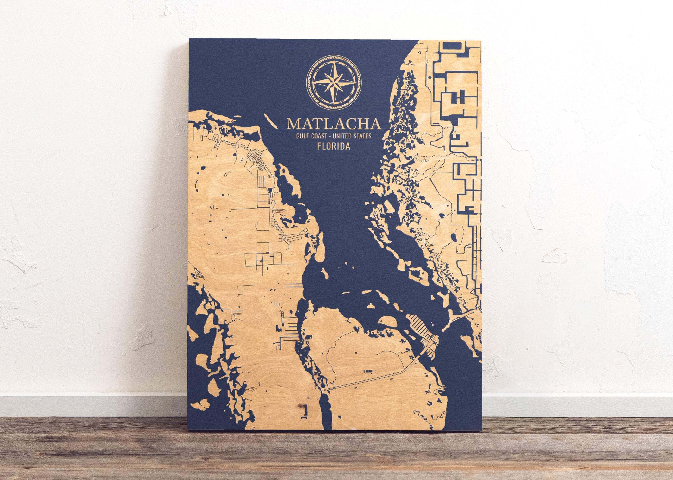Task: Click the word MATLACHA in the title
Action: click(334, 124)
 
